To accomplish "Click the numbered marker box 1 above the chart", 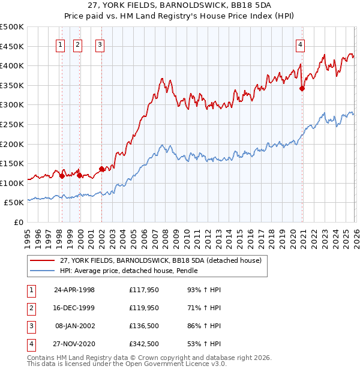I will pyautogui.click(x=61, y=44).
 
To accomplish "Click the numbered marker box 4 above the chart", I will pyautogui.click(x=299, y=44).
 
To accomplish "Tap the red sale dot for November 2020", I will pyautogui.click(x=302, y=88).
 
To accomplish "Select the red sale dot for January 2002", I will pyautogui.click(x=101, y=169).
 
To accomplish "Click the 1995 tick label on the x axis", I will pyautogui.click(x=27, y=235).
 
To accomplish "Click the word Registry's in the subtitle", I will pyautogui.click(x=187, y=16).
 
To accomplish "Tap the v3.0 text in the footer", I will pyautogui.click(x=219, y=364).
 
